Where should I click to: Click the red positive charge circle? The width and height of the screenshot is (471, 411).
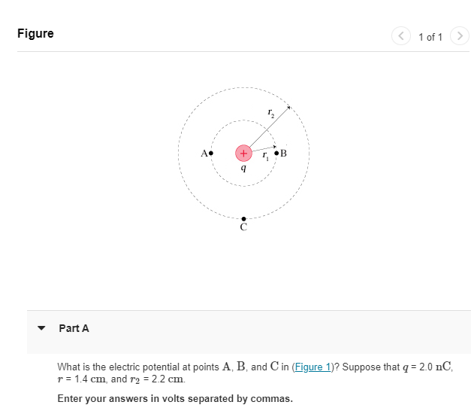(243, 153)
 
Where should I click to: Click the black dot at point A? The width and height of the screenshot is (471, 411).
(211, 153)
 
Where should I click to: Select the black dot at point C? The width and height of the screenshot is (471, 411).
(243, 218)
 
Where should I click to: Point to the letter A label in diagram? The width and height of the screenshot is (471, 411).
(204, 153)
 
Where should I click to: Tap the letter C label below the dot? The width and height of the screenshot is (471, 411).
(243, 227)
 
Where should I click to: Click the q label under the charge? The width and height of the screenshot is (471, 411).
(243, 169)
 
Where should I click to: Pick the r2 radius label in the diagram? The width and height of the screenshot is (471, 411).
(270, 113)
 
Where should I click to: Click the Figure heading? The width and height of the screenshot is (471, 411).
(35, 34)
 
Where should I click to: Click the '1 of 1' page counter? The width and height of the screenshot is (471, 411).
(430, 37)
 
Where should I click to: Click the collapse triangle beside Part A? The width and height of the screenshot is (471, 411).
(42, 328)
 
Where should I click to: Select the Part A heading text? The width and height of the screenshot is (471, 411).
(74, 328)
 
